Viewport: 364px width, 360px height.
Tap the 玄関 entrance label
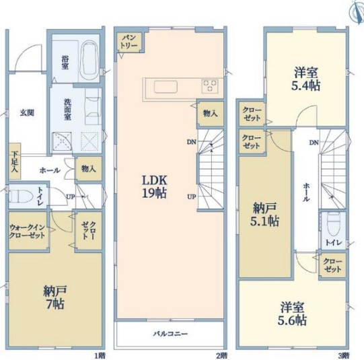pyautogui.click(x=26, y=113)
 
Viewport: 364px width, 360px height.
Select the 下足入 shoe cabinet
pyautogui.click(x=13, y=162)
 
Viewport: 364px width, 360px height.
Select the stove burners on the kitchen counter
pyautogui.click(x=211, y=86)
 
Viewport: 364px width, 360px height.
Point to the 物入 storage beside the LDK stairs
pyautogui.click(x=209, y=114)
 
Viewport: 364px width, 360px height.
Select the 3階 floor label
pyautogui.click(x=343, y=355)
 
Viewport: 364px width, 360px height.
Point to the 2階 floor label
pyautogui.click(x=221, y=355)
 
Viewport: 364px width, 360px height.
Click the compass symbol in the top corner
pyautogui.click(x=355, y=11)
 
